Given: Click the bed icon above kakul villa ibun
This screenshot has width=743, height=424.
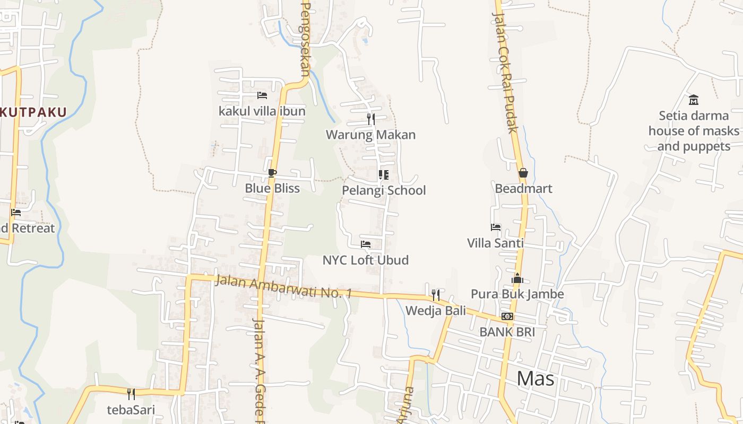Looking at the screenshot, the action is pos(262,95).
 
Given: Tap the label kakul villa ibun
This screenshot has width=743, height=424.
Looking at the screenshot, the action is pos(262,111).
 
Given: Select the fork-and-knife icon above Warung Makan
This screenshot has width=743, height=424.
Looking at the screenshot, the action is pos(371,119).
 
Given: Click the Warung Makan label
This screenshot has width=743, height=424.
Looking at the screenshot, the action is pos(370,135).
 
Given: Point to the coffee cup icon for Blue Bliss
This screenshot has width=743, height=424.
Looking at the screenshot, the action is pos(272,173).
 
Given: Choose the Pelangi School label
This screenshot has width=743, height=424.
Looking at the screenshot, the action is pos(384,190).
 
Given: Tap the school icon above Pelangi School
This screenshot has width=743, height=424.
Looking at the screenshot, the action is pos(383,175).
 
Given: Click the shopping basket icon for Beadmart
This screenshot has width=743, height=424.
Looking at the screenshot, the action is pos(523,173).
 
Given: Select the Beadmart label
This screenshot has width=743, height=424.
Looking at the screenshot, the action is pos(523,189).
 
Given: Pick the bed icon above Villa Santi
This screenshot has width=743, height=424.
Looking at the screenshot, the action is pos(496,227).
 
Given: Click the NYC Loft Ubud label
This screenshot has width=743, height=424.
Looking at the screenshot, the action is pos(366,260).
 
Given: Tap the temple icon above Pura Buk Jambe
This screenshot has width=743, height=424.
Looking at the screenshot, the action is pos(517,278).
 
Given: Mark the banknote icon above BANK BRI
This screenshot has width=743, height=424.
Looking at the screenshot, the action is pos(507,316).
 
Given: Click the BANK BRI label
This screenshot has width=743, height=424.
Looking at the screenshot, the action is pos(507,332).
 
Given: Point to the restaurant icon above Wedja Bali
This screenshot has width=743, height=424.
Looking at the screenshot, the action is pos(436,295).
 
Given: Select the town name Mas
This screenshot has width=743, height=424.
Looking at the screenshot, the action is pos(535,378).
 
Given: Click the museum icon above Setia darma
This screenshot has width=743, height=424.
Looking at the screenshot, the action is pos(694,100).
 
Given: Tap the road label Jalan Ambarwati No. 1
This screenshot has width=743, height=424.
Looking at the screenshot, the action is pos(283,286).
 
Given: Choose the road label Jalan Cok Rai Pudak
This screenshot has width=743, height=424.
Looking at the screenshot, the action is pos(505,74).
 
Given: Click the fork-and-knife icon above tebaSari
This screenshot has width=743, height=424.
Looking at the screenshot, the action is pos(131,394).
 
